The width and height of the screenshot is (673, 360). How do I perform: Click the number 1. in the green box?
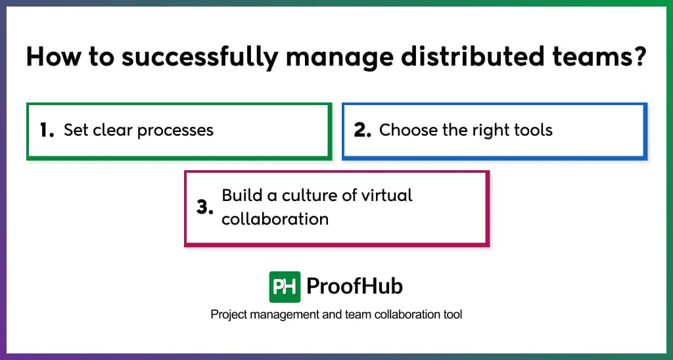pos(46,130)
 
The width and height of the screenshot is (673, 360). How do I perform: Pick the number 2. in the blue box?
pos(363,130)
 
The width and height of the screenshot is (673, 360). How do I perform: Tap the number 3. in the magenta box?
pos(205,208)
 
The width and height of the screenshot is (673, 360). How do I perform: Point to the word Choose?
pos(407,130)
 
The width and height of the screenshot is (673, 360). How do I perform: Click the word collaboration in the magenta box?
pos(275,219)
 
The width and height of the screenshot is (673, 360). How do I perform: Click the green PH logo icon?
pos(285,286)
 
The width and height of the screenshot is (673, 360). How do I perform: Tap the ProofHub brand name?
pos(355,286)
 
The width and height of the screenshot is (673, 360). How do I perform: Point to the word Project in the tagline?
pos(229,315)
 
